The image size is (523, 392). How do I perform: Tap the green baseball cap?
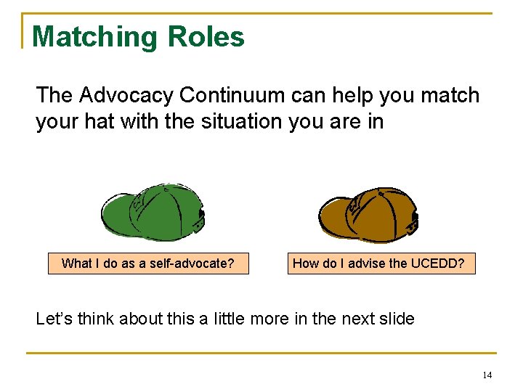pyautogui.click(x=153, y=210)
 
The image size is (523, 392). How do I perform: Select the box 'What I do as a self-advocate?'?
pyautogui.click(x=148, y=264)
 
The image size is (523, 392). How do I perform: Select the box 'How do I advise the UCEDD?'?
pyautogui.click(x=378, y=264)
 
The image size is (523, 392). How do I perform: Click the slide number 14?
pyautogui.click(x=486, y=375)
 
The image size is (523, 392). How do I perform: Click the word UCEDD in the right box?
pyautogui.click(x=439, y=264)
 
